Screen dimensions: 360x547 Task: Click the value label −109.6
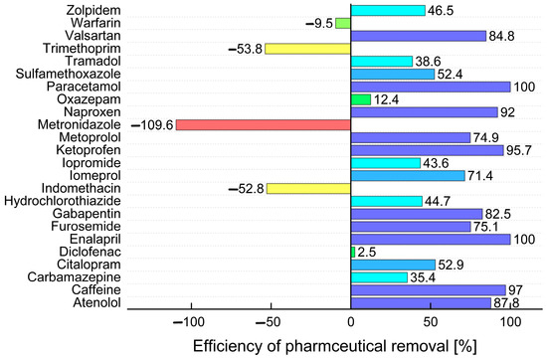coord(152,125)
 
